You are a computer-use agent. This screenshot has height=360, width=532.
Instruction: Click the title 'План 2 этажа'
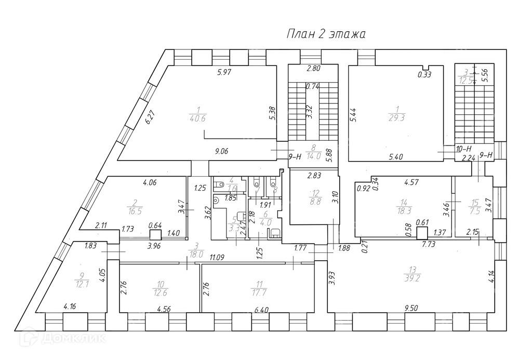[326, 35]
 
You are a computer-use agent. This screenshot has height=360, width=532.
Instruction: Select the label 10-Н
[463, 148]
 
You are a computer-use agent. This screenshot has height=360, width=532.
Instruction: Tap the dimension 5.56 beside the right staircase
[484, 76]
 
